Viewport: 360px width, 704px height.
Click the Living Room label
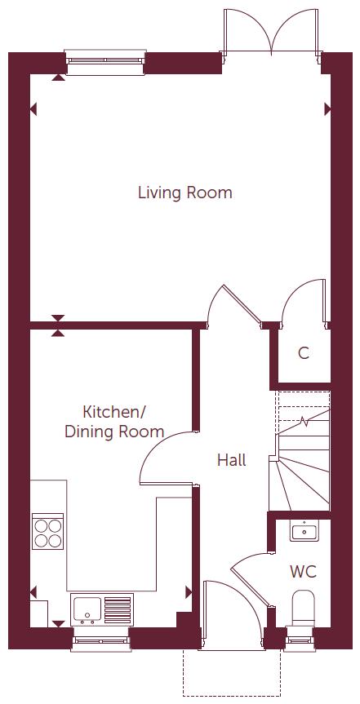[x=184, y=193]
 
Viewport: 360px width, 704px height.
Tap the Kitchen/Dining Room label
[x=114, y=421]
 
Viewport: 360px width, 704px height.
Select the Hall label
[x=231, y=460]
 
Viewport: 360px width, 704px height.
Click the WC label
[x=303, y=571]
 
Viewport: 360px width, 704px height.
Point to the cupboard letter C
[x=303, y=353]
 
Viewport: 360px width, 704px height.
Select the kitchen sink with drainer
[x=101, y=609]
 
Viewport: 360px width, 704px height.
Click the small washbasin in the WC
[x=303, y=532]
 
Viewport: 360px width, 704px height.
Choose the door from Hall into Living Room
[x=233, y=306]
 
